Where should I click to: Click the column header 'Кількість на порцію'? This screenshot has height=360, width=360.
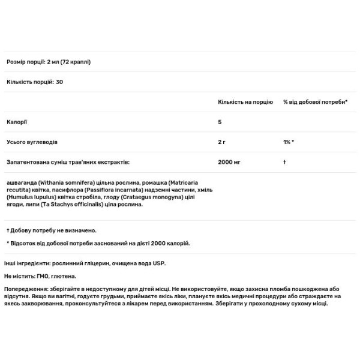click(245, 103)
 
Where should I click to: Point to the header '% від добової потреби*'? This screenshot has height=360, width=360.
click(316, 103)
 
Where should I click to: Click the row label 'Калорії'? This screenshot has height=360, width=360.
click(17, 122)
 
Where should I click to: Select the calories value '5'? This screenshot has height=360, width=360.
click(220, 122)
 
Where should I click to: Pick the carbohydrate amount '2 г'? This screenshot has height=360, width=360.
click(222, 142)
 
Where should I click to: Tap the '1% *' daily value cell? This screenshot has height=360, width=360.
click(288, 142)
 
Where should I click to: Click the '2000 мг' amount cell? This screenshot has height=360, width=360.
click(230, 161)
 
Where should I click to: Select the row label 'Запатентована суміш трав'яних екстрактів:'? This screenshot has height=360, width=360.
click(68, 161)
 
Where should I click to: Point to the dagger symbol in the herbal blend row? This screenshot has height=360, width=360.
click(284, 161)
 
